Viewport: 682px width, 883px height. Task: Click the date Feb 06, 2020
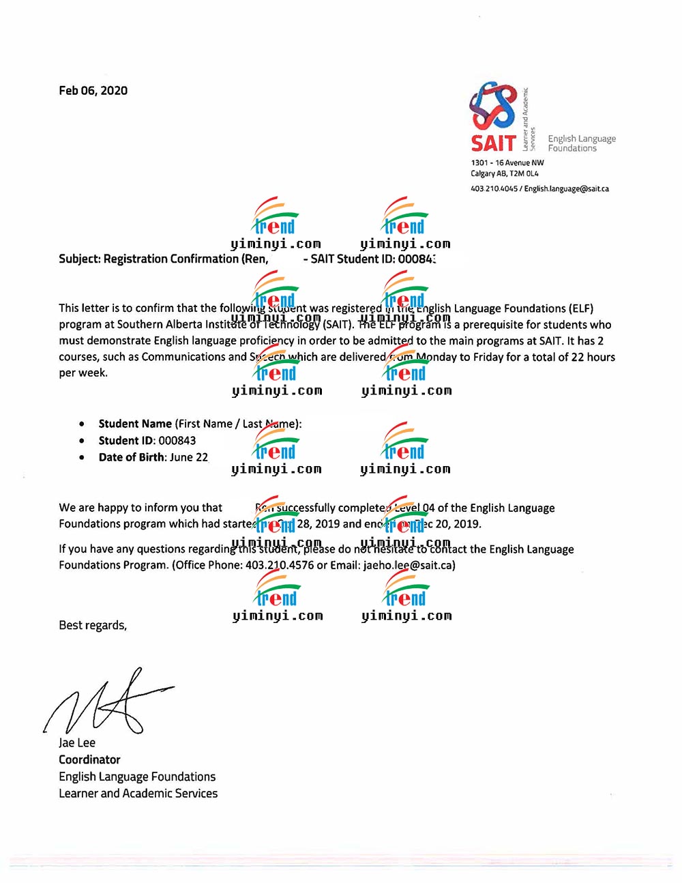(93, 91)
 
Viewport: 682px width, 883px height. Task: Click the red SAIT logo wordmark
(493, 143)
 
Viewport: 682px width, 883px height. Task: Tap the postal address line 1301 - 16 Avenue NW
(507, 163)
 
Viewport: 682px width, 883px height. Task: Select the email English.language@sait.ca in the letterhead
(567, 189)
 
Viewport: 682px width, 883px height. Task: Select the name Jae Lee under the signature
(77, 743)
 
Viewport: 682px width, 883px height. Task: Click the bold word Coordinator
(89, 760)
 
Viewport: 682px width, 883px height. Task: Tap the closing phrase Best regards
(93, 626)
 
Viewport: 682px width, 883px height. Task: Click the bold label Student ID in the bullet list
(127, 441)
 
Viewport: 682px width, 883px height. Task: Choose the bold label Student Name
(135, 424)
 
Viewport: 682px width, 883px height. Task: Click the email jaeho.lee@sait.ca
(408, 565)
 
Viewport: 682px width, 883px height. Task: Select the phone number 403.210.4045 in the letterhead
(494, 189)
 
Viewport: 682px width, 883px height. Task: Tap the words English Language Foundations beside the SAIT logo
(582, 143)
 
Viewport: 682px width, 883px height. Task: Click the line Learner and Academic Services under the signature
(138, 794)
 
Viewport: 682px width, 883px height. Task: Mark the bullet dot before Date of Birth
(82, 457)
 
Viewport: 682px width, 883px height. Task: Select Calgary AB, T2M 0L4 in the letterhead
(505, 174)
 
